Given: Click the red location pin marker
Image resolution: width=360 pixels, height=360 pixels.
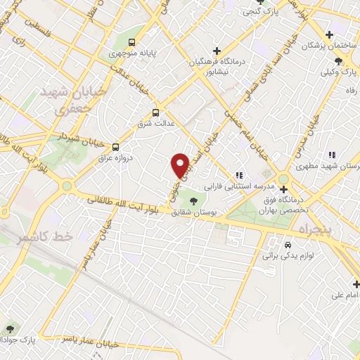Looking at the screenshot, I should coord(181,165).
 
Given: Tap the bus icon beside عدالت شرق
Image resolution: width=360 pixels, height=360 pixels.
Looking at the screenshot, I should coord(155,112).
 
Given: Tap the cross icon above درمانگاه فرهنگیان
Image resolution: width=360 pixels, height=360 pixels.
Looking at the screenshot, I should coord(217,51).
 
